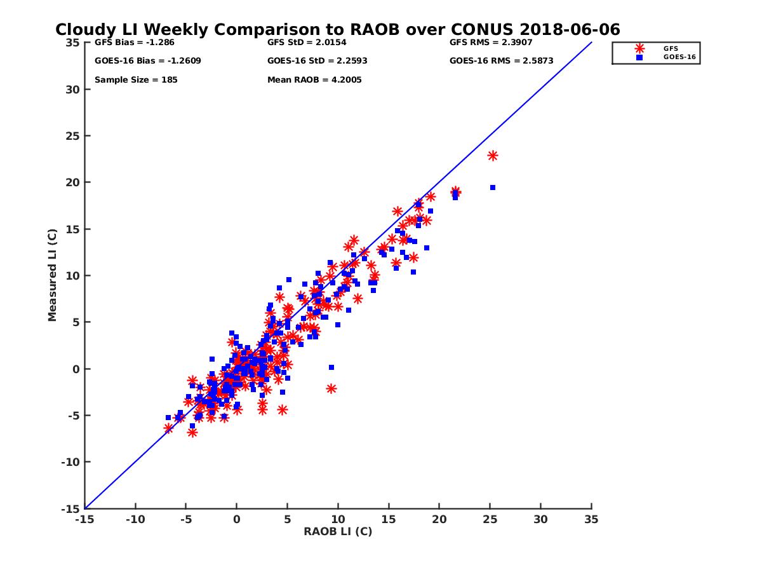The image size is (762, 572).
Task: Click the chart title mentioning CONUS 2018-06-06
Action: (337, 30)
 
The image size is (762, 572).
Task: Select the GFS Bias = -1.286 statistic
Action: (134, 43)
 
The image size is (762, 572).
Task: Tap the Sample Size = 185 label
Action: (136, 80)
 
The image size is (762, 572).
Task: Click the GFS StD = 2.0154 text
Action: (308, 43)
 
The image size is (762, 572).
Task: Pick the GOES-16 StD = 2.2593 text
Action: (317, 61)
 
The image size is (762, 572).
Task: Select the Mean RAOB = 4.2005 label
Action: (314, 80)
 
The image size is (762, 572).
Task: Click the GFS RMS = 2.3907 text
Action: (491, 43)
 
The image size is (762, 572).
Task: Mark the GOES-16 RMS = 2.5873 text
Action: (501, 61)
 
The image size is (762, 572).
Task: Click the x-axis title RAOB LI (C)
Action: (338, 531)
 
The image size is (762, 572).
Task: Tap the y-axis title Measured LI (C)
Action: (52, 275)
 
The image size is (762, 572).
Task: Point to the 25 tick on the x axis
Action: (490, 519)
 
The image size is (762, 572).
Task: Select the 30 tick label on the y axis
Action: (73, 89)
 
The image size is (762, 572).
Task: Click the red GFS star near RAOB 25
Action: (492, 156)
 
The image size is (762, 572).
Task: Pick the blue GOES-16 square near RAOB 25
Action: (493, 187)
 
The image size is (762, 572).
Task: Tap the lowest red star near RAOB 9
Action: (331, 388)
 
